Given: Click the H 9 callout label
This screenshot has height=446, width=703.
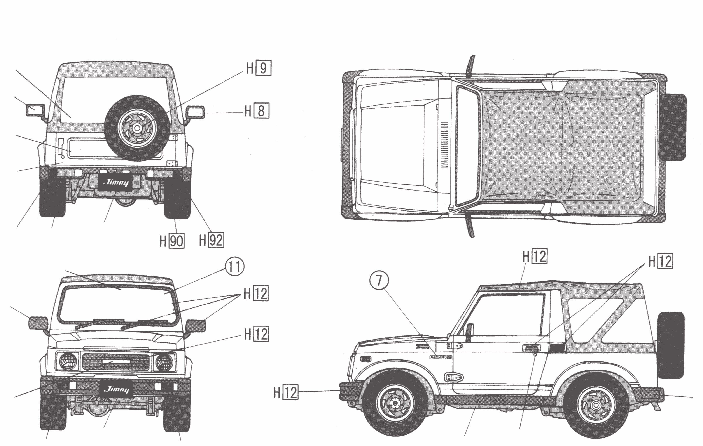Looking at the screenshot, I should click(x=259, y=68).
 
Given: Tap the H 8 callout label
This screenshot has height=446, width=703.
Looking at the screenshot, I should click(x=257, y=111).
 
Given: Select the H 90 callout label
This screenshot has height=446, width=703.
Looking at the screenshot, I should click(x=172, y=241).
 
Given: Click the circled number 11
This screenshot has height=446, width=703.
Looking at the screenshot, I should click(x=234, y=267).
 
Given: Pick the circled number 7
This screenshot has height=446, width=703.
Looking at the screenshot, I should click(x=379, y=280).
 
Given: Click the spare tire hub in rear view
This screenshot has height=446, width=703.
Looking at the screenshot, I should click(x=137, y=128).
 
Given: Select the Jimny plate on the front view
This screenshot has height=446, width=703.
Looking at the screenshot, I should click(x=116, y=389).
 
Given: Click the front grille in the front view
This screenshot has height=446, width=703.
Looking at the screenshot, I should click(x=116, y=362).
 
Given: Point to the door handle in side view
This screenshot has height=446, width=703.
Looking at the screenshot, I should click(x=531, y=348).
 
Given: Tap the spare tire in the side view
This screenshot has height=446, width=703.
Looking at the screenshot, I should click(x=671, y=345).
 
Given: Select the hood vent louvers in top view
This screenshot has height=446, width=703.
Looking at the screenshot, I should click(x=444, y=145).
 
